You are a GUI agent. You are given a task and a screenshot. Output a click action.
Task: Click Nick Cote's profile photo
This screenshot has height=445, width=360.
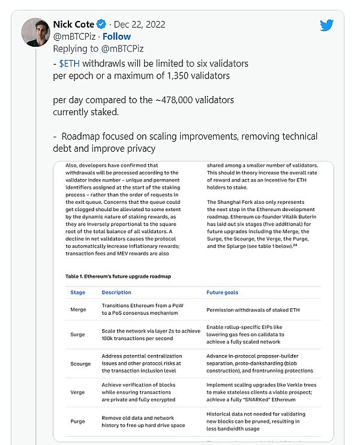(35, 32)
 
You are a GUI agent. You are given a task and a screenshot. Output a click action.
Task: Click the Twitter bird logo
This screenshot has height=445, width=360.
(326, 25)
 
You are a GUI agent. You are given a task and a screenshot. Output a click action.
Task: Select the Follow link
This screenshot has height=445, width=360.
(117, 36)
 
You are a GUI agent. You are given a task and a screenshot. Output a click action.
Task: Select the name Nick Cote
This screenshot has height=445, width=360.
(73, 25)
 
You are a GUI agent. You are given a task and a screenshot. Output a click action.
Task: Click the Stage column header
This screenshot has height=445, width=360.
(77, 292)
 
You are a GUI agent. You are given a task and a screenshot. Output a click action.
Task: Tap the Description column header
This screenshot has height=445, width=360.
(116, 292)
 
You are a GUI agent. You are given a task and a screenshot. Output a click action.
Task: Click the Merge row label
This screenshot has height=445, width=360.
(79, 310)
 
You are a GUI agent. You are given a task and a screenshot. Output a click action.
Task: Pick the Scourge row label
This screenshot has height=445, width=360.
(80, 363)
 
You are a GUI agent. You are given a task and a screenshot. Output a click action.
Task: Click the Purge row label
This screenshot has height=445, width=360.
(79, 421)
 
